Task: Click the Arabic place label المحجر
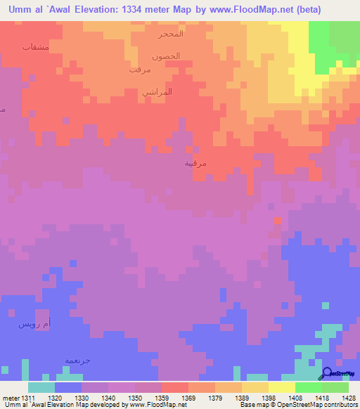point(172,34)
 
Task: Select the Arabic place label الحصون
point(166,56)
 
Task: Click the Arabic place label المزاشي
point(157,92)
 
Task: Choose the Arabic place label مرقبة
point(195,163)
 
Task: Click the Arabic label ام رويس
point(34,324)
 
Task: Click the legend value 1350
point(134,398)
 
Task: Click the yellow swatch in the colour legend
point(281,387)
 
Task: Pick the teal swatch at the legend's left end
point(41,387)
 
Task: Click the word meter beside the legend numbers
point(11,398)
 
